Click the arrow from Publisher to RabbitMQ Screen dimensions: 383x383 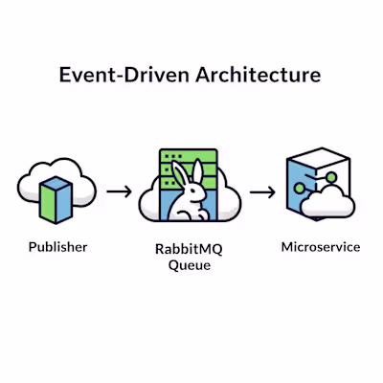tap(120, 191)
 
